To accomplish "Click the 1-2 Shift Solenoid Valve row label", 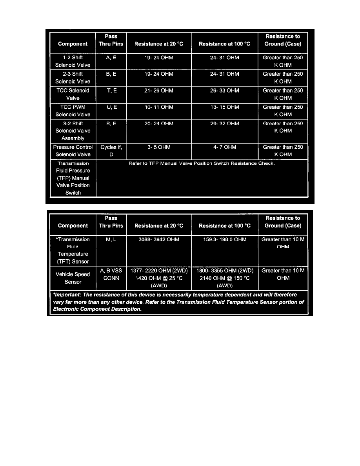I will tap(73, 61).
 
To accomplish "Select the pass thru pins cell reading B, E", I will tap(111, 74).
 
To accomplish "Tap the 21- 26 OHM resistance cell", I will tap(158, 91).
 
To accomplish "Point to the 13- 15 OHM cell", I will tap(224, 107).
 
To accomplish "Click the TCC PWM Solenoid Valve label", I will tap(73, 111).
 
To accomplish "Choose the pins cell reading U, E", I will tap(111, 107).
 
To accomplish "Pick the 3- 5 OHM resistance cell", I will tap(158, 147).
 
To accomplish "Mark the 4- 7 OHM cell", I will tap(224, 147).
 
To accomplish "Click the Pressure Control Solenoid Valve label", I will tap(73, 151).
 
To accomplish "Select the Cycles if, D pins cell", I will tap(111, 151).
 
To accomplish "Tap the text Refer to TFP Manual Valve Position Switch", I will tap(202, 163).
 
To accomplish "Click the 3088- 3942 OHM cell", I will tap(158, 239).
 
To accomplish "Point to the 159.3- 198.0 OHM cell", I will tap(224, 239).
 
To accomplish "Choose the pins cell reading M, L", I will tap(111, 239).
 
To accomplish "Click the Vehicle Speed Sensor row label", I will tap(73, 278).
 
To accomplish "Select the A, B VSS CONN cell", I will tap(111, 274).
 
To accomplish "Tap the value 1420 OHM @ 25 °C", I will tap(158, 278).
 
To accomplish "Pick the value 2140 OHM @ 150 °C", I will tap(224, 278).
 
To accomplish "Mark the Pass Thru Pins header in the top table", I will tap(111, 40).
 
